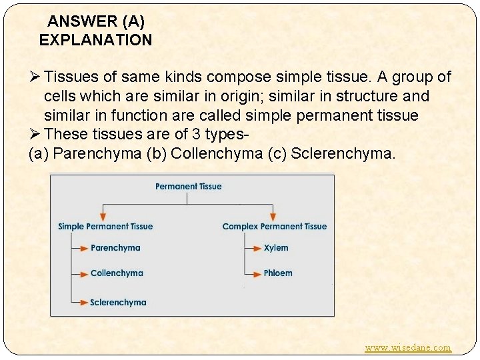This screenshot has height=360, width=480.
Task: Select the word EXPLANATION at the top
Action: tap(95, 40)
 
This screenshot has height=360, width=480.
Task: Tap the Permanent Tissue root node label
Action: tap(189, 187)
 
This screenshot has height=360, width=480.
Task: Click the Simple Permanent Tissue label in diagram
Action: tap(105, 227)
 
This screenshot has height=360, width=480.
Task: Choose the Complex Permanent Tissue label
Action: tap(275, 227)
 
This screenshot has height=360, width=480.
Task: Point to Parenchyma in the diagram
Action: tap(115, 248)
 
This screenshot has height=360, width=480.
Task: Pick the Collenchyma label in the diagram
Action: tap(117, 273)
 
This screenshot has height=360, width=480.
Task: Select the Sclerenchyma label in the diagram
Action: tap(118, 303)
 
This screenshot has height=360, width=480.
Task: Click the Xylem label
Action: tap(276, 248)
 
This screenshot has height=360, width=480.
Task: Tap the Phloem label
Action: tap(278, 273)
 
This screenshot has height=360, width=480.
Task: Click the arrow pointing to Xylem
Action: tap(254, 248)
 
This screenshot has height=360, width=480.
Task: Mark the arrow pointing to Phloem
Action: tap(254, 273)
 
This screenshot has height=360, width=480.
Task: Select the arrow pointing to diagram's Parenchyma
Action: tap(81, 248)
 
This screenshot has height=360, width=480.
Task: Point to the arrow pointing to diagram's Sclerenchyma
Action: tap(81, 303)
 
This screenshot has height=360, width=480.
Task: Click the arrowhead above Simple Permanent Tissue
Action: tap(103, 216)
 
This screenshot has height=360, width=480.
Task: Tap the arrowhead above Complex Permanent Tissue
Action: tap(273, 216)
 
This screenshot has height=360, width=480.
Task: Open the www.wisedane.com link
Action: tap(408, 347)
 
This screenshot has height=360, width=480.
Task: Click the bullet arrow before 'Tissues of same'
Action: tap(34, 77)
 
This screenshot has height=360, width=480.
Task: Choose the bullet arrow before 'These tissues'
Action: tap(34, 135)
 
